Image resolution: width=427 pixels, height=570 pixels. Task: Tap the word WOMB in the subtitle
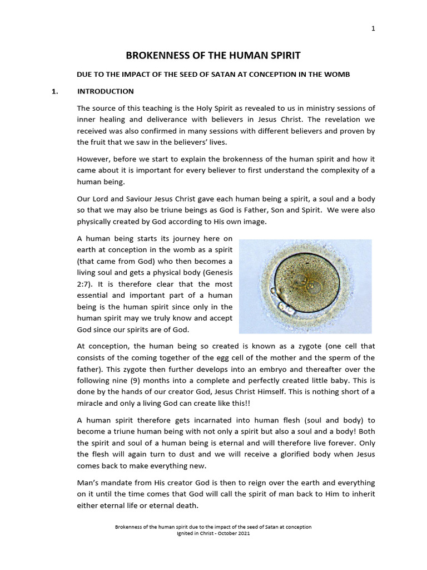click(339, 75)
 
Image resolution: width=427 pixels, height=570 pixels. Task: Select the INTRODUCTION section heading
click(105, 91)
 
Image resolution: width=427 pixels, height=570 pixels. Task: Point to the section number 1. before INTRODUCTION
click(55, 91)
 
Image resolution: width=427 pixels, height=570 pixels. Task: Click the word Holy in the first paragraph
click(210, 108)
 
